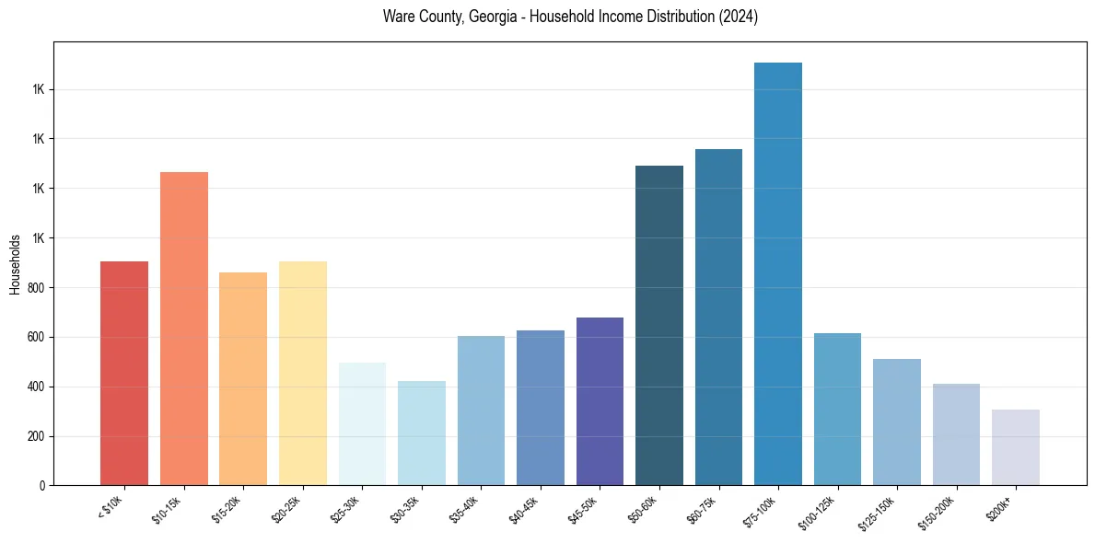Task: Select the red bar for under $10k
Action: click(124, 373)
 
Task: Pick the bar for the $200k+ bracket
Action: click(1016, 447)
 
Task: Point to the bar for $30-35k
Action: click(422, 433)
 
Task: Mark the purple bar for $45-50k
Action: click(600, 401)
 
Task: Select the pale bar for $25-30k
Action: click(362, 424)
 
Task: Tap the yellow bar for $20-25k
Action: click(303, 373)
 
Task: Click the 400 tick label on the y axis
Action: click(35, 387)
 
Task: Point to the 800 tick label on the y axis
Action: click(35, 288)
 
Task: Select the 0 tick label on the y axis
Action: click(42, 486)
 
